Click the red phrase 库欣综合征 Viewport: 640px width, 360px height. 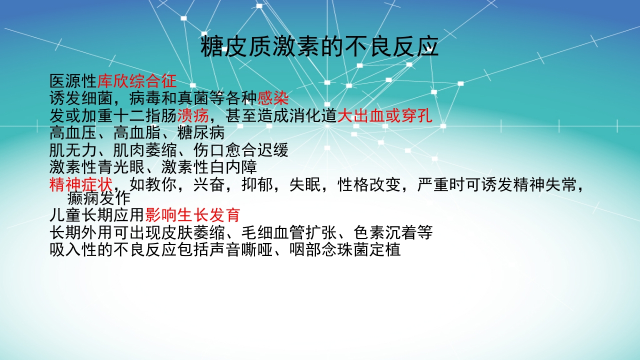point(137,81)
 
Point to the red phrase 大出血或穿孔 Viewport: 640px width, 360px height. point(384,116)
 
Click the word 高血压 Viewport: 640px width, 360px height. point(73,133)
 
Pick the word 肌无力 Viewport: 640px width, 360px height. point(73,150)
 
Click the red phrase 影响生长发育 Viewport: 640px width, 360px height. point(193,215)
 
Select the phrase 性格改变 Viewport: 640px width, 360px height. point(369,184)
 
